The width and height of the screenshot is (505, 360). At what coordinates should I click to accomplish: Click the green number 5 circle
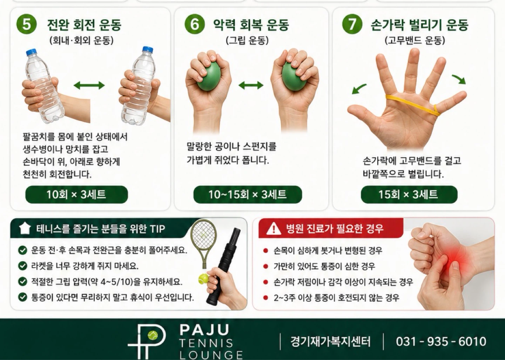coord(27,24)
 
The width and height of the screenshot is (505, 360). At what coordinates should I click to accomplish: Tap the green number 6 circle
coord(195,24)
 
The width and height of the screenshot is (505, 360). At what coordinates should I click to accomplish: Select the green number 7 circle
coord(352,24)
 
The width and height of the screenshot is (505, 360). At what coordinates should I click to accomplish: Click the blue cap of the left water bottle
coord(31,52)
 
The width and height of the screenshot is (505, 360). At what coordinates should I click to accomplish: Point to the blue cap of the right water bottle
coord(147,49)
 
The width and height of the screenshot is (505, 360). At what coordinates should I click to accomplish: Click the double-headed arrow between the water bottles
coord(89,86)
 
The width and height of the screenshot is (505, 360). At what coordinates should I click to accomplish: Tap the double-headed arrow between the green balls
coord(251,86)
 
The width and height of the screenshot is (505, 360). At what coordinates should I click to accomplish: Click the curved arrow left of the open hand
coord(359,89)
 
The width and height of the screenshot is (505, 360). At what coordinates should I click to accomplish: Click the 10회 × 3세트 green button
coord(76,195)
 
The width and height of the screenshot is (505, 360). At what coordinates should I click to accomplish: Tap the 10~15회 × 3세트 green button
coord(248,195)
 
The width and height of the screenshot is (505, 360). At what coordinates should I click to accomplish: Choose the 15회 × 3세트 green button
coord(409,195)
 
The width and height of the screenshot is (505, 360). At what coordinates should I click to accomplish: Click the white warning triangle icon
coord(274,229)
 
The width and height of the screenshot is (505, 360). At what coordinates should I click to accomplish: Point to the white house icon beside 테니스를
coord(25,229)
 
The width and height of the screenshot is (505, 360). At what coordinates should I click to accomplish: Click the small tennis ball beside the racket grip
coord(203,279)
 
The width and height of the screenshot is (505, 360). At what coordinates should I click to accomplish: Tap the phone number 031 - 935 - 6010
coord(441,341)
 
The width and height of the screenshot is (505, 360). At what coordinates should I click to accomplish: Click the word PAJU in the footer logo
coord(204,330)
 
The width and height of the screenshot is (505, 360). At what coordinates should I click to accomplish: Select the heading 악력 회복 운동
coord(251,25)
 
